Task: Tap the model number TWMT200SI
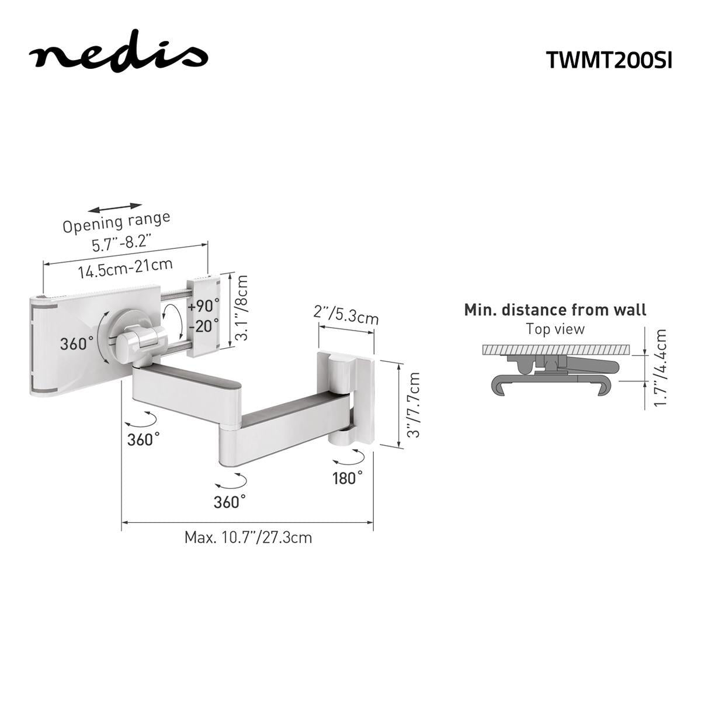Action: [x=609, y=60]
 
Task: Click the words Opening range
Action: [x=116, y=223]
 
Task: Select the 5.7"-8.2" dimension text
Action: [x=122, y=242]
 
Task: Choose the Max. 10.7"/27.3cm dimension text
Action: [x=248, y=537]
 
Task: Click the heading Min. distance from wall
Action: [x=555, y=310]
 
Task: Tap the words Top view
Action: [x=555, y=329]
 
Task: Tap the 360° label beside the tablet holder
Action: [x=77, y=343]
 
